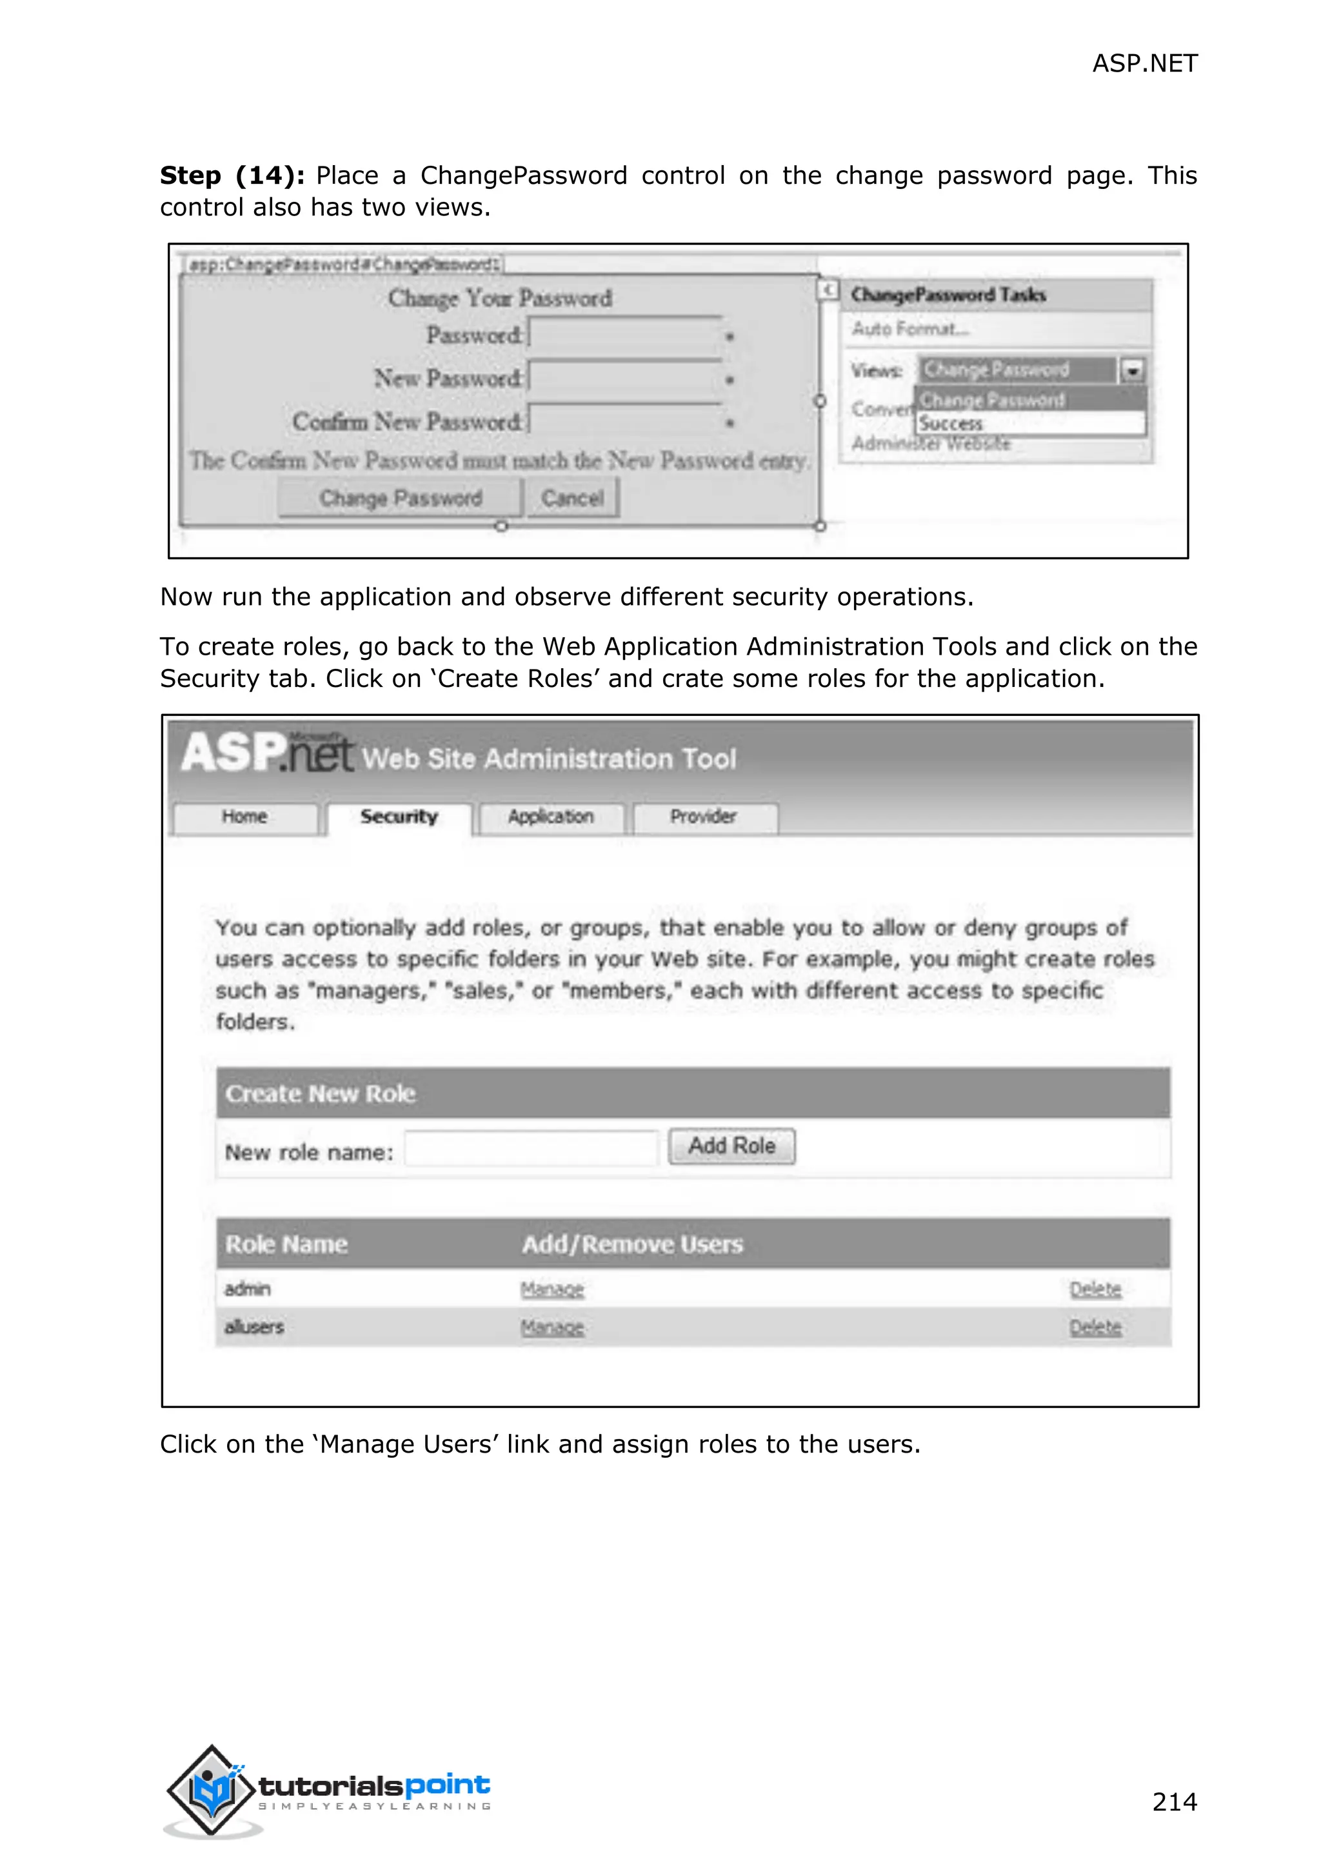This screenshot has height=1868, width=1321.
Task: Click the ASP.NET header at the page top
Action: pyautogui.click(x=1144, y=63)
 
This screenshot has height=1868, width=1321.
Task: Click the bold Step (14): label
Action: pyautogui.click(x=232, y=175)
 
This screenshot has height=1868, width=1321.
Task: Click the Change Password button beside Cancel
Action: pyautogui.click(x=400, y=498)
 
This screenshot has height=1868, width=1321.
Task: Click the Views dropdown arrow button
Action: pyautogui.click(x=1132, y=371)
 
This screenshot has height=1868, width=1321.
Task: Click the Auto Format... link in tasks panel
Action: pyautogui.click(x=909, y=329)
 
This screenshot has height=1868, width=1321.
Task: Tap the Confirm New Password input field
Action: pyautogui.click(x=625, y=421)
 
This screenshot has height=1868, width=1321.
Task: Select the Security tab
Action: pyautogui.click(x=399, y=817)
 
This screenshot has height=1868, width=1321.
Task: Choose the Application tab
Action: pyautogui.click(x=551, y=817)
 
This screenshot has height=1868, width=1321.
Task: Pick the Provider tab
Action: pyautogui.click(x=704, y=817)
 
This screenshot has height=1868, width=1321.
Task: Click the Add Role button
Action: pyautogui.click(x=731, y=1146)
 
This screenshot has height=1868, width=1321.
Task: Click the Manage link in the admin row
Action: pyautogui.click(x=552, y=1289)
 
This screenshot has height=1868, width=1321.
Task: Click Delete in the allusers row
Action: pyautogui.click(x=1095, y=1327)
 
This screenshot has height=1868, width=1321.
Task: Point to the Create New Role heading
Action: pyautogui.click(x=321, y=1093)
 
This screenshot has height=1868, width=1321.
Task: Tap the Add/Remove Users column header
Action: pyautogui.click(x=632, y=1245)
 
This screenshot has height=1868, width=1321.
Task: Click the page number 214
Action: pyautogui.click(x=1174, y=1802)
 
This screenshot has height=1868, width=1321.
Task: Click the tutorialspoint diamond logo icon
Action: pyautogui.click(x=211, y=1790)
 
